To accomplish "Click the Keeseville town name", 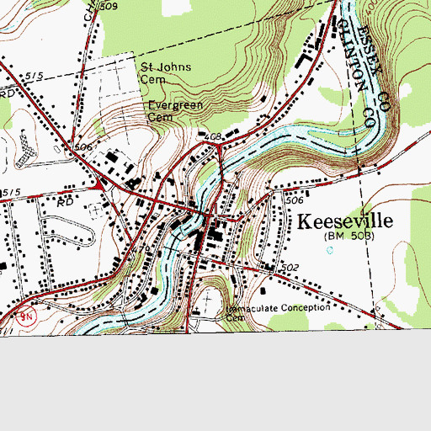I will coord(347,221).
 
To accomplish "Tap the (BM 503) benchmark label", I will coord(349,237).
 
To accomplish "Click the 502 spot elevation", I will coord(290,268).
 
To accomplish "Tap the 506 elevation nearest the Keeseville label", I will coord(294,201).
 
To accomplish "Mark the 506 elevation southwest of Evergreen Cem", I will coord(83,146).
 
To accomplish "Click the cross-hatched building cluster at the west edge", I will coord(24,149).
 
